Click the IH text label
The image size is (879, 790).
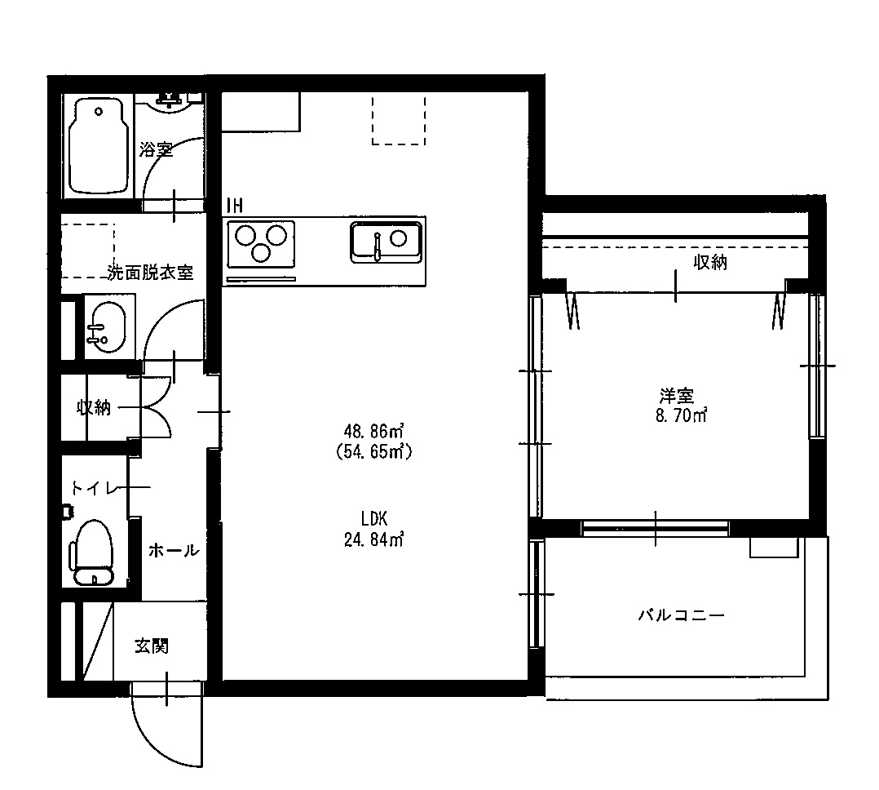pos(234,205)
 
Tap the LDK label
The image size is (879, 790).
pos(375,518)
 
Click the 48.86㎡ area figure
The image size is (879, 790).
pos(375,430)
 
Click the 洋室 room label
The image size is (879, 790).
pos(676,397)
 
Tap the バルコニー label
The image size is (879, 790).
pos(680,615)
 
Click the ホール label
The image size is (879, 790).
pos(173,551)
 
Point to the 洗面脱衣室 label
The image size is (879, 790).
pos(151,273)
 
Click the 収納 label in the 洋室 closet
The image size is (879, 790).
pos(710,262)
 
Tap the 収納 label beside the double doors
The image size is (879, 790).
pos(94,407)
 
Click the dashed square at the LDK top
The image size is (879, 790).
pos(399,119)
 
